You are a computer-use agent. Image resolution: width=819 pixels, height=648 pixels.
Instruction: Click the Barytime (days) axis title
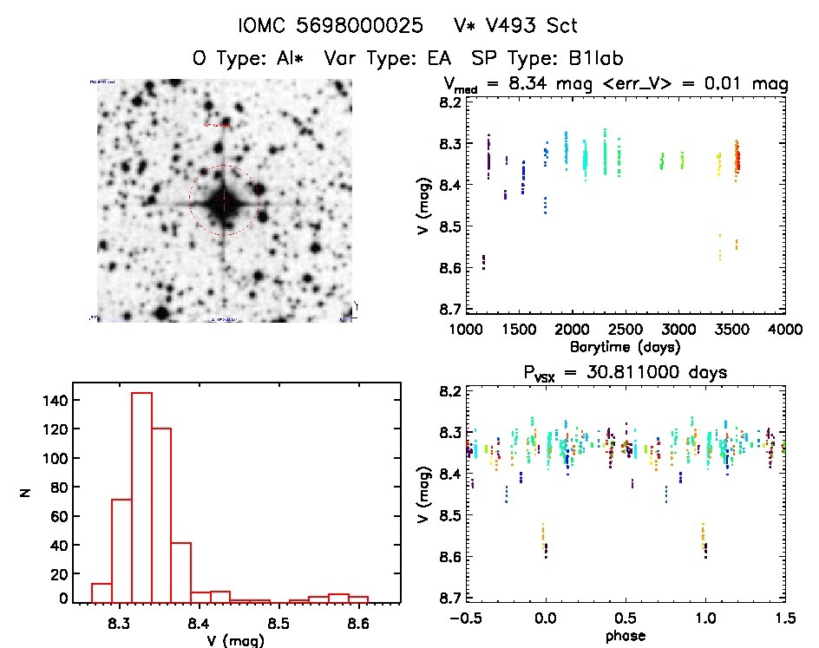(625, 346)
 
